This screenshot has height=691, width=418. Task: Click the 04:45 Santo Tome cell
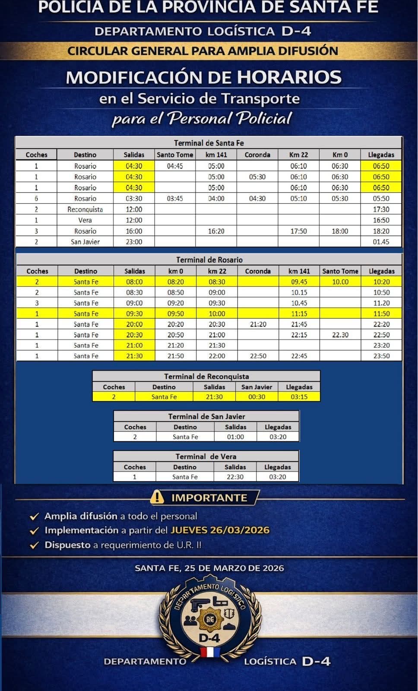[x=175, y=166]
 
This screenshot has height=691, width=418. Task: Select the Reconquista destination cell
[x=85, y=209]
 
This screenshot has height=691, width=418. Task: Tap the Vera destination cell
[x=85, y=220]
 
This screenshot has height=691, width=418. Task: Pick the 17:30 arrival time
[x=381, y=209]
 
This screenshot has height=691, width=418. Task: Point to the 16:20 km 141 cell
[x=216, y=231]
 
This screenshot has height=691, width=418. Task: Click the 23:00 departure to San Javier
[x=134, y=242]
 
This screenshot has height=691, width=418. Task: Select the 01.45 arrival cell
[x=381, y=242]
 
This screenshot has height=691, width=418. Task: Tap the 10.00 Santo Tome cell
[x=340, y=282]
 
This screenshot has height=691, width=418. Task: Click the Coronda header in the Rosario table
[x=258, y=271]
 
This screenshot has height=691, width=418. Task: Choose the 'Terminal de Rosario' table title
[x=209, y=260]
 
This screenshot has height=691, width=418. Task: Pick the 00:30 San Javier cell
[x=256, y=396]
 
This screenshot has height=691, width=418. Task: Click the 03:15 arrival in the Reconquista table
[x=299, y=396]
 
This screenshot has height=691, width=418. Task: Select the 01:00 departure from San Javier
[x=235, y=437]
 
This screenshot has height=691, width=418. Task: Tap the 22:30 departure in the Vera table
[x=235, y=477]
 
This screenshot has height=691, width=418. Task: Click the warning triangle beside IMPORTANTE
[x=157, y=498]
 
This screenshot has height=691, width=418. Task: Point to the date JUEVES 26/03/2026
[x=220, y=530]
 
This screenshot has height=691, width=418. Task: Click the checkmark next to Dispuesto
[x=34, y=545]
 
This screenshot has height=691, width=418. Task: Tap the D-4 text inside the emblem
[x=209, y=638]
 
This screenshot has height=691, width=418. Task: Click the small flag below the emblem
[x=210, y=652]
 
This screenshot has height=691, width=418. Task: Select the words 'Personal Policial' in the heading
[x=230, y=118]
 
